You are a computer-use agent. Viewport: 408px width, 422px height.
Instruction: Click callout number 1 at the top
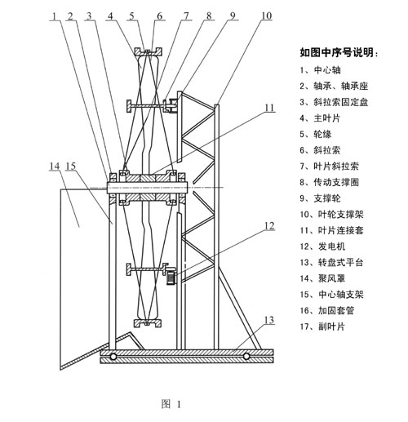[55, 16]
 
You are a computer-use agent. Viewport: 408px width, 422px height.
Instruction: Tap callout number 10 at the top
[266, 16]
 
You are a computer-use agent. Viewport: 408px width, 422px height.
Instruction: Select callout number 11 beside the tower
[269, 108]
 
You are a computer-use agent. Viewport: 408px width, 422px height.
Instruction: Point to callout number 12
[269, 226]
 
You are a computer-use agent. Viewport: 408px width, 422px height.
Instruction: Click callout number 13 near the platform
[269, 320]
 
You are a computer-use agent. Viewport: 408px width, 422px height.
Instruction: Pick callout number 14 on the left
[55, 166]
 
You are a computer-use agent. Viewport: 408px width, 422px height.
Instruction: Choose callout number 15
[71, 166]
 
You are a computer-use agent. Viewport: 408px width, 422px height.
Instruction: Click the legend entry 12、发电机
[322, 247]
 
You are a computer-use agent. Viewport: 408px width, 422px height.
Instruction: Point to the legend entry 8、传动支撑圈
[330, 182]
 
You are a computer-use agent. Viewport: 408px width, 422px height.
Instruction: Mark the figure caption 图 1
[171, 404]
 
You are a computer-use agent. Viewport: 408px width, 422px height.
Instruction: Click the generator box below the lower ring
[171, 277]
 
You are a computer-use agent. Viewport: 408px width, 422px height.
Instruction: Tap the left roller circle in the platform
[113, 356]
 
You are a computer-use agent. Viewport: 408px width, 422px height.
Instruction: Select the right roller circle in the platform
[246, 356]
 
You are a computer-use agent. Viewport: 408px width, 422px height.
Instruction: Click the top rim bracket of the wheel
[149, 51]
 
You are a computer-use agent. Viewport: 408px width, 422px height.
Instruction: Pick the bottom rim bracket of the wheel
[149, 323]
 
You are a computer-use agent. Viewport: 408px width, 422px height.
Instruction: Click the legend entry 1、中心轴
[320, 70]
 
